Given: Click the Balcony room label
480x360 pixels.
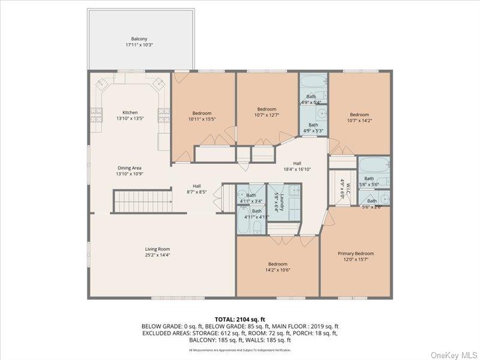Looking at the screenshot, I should (139, 42).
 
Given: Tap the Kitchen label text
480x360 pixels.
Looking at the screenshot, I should (130, 116).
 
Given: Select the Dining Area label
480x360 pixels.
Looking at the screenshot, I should (130, 170).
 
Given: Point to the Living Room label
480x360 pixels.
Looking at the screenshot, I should (158, 252).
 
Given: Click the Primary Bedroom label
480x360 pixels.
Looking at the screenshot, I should (356, 257).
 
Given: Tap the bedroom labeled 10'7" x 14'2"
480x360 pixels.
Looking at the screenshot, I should (359, 118).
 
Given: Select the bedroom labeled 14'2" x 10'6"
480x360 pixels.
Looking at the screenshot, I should (278, 267).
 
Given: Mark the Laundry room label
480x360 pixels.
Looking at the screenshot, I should (277, 200).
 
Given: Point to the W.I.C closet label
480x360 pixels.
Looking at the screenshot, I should (343, 186).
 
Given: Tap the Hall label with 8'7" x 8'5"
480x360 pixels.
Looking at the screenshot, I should (197, 189).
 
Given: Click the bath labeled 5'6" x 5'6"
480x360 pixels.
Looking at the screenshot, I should (370, 181).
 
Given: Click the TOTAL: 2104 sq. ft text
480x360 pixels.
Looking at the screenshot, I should (239, 319).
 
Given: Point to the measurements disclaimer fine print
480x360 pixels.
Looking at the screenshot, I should (240, 349).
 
